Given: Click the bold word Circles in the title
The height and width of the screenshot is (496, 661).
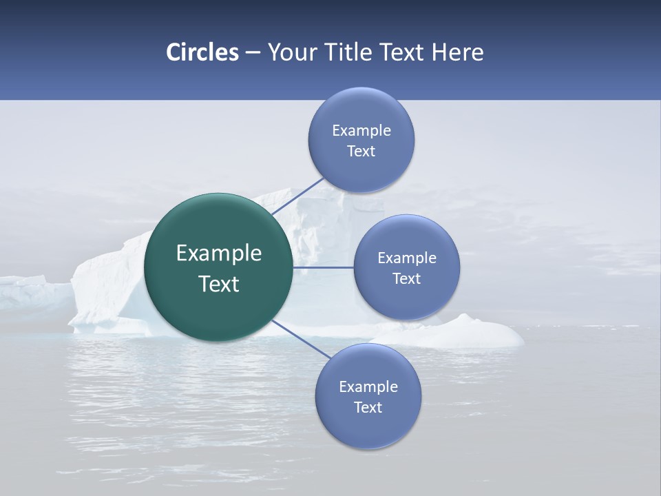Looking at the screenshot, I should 202,52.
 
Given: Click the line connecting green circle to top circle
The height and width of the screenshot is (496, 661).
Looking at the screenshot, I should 297,196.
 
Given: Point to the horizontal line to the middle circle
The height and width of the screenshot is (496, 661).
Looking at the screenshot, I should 323,267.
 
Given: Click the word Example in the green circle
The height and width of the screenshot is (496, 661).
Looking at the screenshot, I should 219,254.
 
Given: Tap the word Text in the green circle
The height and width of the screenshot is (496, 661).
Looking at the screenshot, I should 219,284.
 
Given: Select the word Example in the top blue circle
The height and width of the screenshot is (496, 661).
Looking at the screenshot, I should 361,130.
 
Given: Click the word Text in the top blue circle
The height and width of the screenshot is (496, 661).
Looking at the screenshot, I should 361,152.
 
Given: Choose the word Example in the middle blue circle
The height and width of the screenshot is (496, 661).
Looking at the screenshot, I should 407,258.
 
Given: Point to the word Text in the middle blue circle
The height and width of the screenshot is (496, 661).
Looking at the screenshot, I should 407,279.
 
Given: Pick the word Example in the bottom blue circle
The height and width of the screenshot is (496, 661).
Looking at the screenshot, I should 368,387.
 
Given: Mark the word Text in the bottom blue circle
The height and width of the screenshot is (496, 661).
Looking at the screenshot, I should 368,408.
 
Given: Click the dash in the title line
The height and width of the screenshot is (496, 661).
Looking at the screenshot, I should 253,53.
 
